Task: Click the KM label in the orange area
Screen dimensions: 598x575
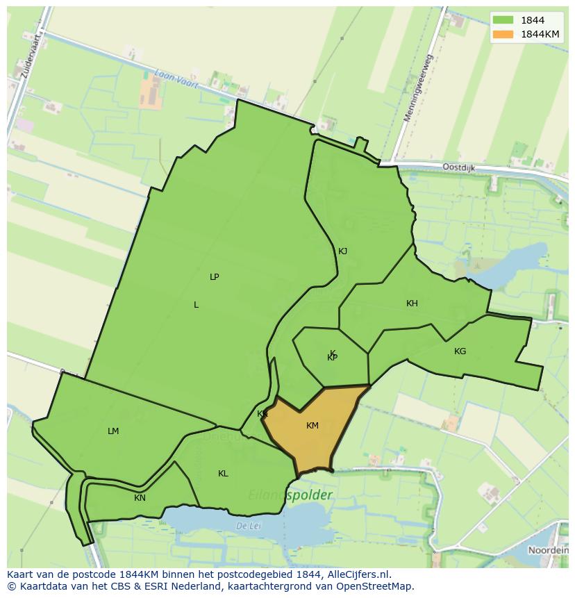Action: pyautogui.click(x=312, y=426)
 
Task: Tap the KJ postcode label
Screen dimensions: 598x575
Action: pyautogui.click(x=342, y=251)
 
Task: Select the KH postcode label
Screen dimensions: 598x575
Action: pyautogui.click(x=412, y=304)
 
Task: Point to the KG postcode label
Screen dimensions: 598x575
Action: pyautogui.click(x=460, y=351)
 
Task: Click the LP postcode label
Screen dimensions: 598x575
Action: pyautogui.click(x=215, y=277)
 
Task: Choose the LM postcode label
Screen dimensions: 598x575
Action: pyautogui.click(x=113, y=431)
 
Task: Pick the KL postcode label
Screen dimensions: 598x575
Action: pyautogui.click(x=223, y=474)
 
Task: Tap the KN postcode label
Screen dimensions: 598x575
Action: pyautogui.click(x=140, y=498)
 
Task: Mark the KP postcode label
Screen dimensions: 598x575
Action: pyautogui.click(x=333, y=358)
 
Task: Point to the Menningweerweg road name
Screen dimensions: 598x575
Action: pyautogui.click(x=418, y=88)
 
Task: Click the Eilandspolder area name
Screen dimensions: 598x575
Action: pyautogui.click(x=290, y=495)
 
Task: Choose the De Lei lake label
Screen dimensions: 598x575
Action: pyautogui.click(x=247, y=526)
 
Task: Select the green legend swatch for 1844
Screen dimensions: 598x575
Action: pyautogui.click(x=503, y=20)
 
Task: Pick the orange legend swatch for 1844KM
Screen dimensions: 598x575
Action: pyautogui.click(x=503, y=34)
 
